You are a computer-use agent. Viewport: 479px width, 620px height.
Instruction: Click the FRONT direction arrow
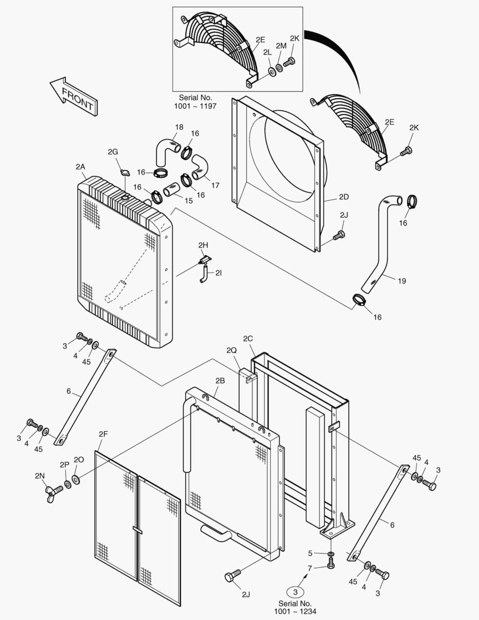73,96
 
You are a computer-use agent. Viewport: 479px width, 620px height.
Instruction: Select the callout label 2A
80,166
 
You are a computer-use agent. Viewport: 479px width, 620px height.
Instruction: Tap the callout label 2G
113,152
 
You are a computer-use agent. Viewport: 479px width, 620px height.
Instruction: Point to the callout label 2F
103,434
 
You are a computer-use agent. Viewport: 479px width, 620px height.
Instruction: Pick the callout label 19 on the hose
402,281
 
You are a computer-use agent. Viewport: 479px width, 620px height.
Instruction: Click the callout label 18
179,127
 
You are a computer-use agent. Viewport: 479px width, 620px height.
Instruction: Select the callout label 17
215,185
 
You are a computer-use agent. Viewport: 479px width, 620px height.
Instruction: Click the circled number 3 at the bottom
295,592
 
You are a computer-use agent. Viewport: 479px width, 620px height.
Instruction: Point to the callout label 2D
344,196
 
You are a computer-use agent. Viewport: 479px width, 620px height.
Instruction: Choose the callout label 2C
248,339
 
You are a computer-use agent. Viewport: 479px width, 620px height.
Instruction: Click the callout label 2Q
232,350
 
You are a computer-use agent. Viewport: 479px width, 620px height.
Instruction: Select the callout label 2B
220,381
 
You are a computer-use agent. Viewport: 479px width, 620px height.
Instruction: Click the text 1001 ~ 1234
295,612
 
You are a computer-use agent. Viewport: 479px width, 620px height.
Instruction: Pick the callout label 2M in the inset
281,46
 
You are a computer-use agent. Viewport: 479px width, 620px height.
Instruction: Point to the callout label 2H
202,245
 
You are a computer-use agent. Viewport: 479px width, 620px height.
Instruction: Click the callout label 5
310,553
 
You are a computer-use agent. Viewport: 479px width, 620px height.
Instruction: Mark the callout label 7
310,568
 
